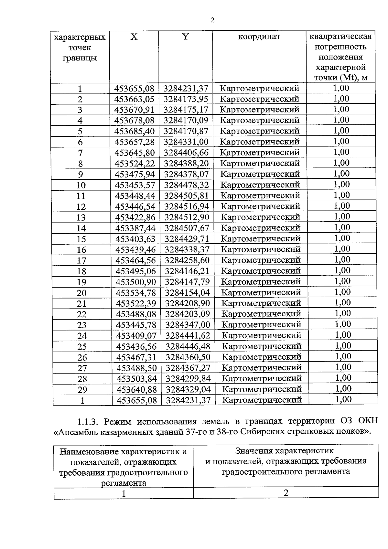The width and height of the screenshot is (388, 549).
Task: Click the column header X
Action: tap(134, 37)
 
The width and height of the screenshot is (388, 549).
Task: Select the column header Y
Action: tap(185, 37)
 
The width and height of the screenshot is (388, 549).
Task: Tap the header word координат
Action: tap(259, 37)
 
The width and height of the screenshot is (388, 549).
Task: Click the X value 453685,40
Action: tap(135, 131)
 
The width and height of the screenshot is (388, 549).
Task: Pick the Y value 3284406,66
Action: tap(186, 153)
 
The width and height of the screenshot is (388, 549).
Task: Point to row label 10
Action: tap(81, 185)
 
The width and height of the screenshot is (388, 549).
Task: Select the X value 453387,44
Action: tap(135, 228)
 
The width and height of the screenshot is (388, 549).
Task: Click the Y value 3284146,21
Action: tap(187, 271)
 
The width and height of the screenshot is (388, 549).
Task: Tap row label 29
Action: tap(82, 390)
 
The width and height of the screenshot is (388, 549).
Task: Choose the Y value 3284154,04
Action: tap(188, 292)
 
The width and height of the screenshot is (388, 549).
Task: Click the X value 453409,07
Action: tap(136, 336)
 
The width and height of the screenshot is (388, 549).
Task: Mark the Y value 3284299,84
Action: tap(188, 378)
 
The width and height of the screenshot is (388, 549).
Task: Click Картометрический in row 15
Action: tap(261, 238)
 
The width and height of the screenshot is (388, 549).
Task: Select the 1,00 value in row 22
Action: tap(342, 313)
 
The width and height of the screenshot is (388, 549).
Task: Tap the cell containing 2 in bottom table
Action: tap(286, 492)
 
